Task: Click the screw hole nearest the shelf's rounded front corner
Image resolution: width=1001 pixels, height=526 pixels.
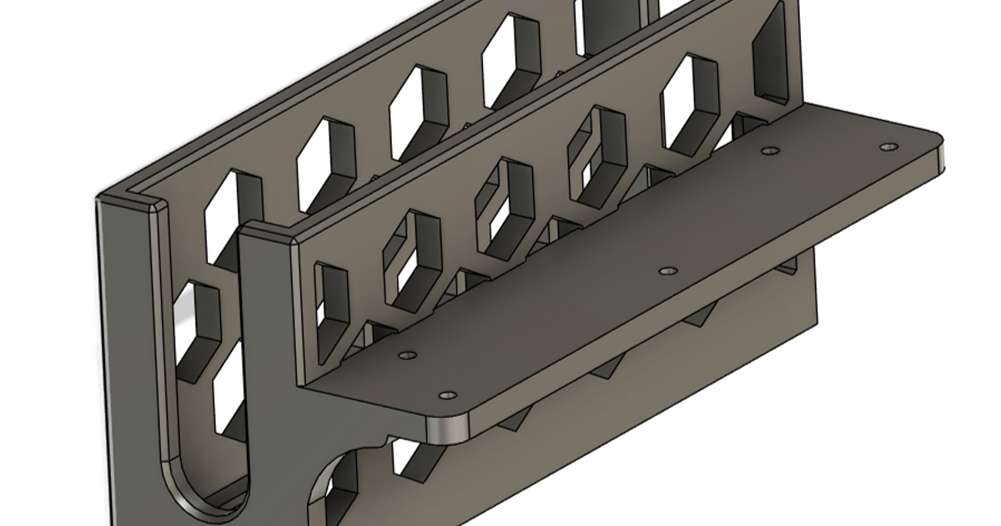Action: [448, 395]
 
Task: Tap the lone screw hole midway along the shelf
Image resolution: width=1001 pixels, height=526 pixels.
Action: [667, 271]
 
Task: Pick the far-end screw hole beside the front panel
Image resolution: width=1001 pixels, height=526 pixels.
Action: [770, 152]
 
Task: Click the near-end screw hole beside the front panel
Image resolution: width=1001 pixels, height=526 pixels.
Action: [407, 355]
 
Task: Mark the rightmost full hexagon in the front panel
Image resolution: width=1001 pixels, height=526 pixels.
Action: [690, 104]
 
